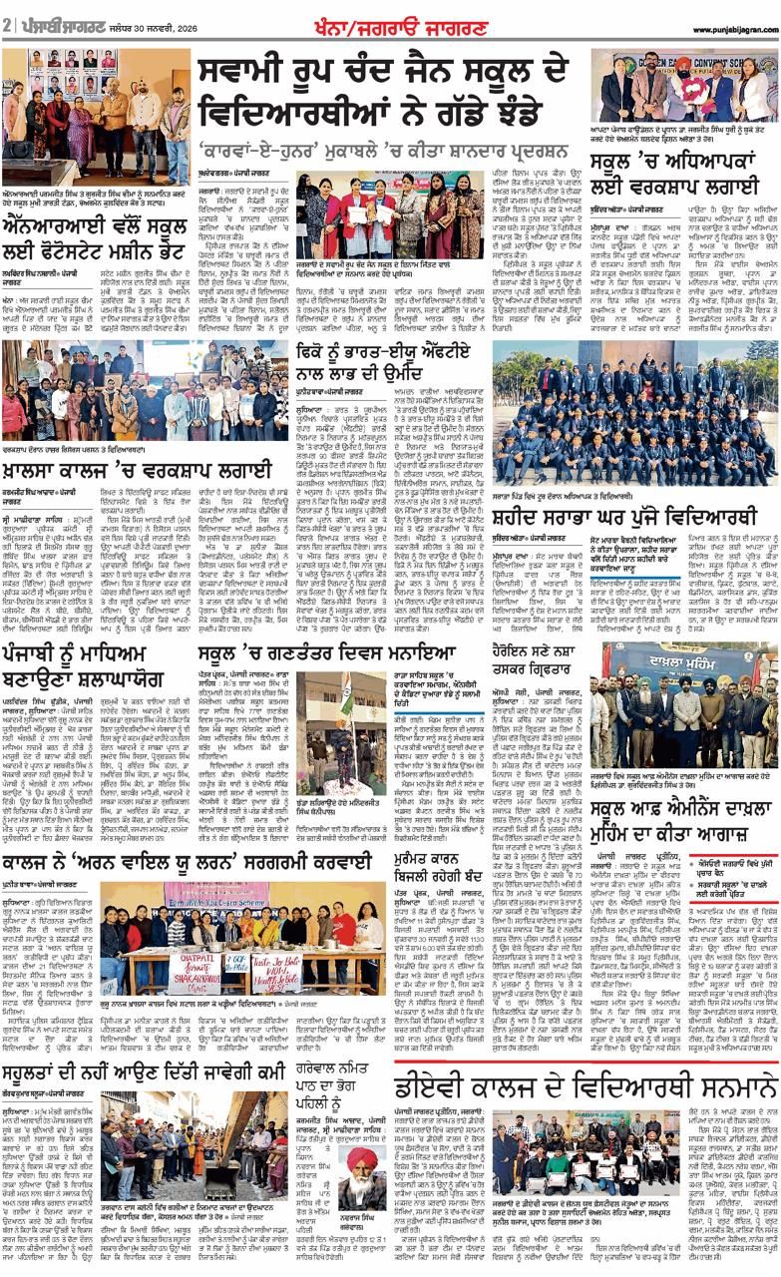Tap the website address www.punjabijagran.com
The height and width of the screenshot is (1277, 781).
tap(726, 29)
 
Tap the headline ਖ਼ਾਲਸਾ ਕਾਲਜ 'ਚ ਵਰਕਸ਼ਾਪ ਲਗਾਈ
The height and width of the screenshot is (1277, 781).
tap(136, 469)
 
